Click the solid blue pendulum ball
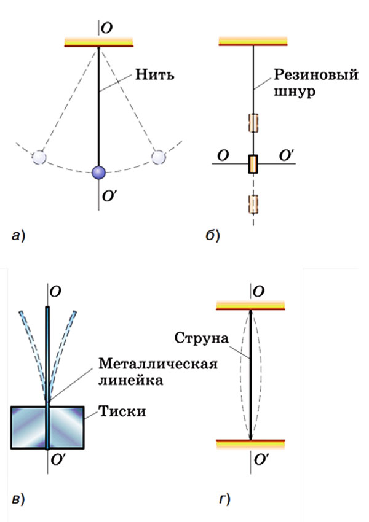point(98,173)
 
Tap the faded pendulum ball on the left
point(39,157)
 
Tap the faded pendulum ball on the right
point(158,157)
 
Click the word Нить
point(154,74)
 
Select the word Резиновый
point(316,76)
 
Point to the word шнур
point(295,91)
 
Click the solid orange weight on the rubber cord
point(253,164)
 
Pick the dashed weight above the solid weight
point(253,123)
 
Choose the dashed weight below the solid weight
point(253,204)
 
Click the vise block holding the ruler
point(47,427)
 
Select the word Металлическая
point(158,364)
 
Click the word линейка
point(130,380)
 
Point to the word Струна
point(202,338)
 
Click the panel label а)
point(18,236)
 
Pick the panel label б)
point(213,235)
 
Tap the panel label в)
point(18,499)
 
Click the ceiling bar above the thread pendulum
point(99,42)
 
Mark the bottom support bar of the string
point(251,445)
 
